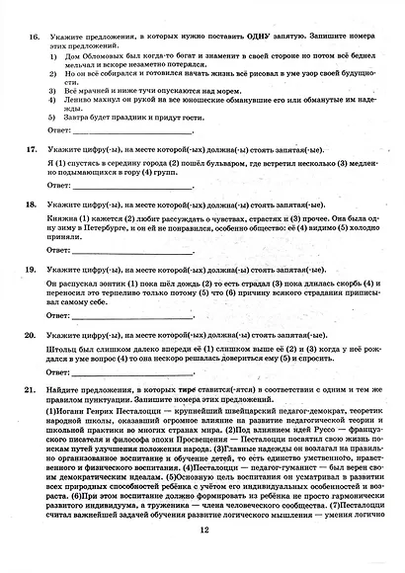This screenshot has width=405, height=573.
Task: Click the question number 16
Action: pos(31,37)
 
